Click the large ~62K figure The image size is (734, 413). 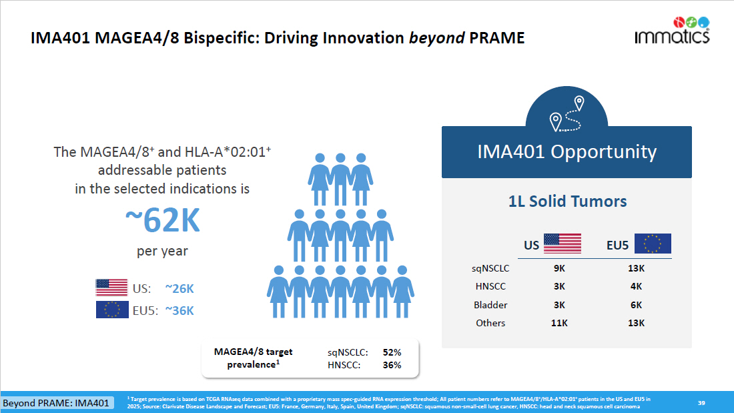163,221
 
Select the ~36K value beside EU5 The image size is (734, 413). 179,310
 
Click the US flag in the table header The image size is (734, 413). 562,244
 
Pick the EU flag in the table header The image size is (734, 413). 652,244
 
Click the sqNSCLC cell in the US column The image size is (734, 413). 559,268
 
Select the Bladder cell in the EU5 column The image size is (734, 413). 636,305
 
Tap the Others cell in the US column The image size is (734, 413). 559,323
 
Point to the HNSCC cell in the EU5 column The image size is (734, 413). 636,286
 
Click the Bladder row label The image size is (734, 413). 490,305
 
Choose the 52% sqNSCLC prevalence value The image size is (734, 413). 392,352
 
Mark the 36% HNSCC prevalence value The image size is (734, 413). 392,365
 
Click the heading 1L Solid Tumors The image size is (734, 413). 567,201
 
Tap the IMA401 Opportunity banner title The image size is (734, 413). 567,152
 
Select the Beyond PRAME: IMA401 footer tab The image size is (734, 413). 56,403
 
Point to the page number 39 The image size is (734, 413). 701,402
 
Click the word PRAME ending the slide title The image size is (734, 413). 497,38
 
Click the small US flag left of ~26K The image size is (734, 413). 111,288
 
